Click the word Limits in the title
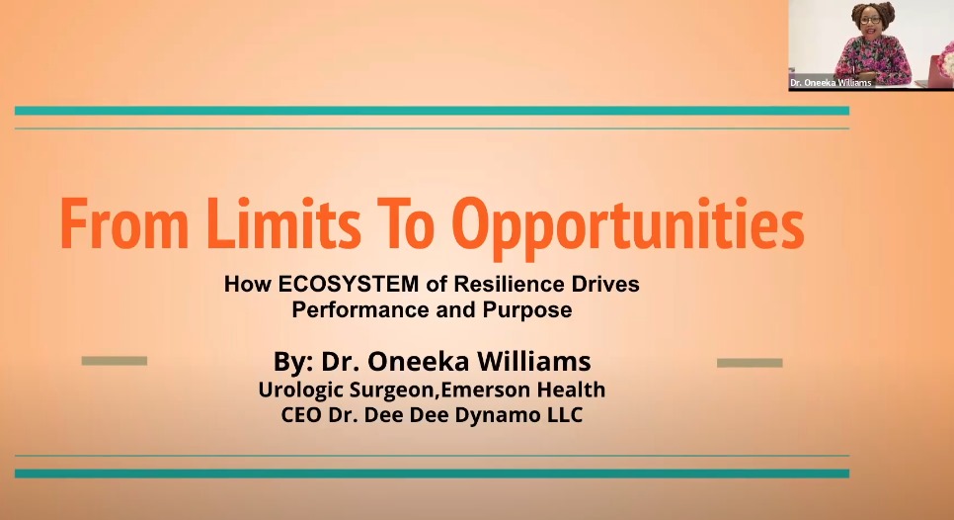(x=283, y=222)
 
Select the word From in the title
(x=124, y=224)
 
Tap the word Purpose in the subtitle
(x=527, y=310)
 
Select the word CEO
(x=302, y=414)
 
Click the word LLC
(x=567, y=414)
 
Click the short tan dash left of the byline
(x=115, y=361)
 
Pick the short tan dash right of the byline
(x=750, y=363)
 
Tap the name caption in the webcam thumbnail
(x=831, y=83)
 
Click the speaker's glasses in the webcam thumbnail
(x=871, y=20)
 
